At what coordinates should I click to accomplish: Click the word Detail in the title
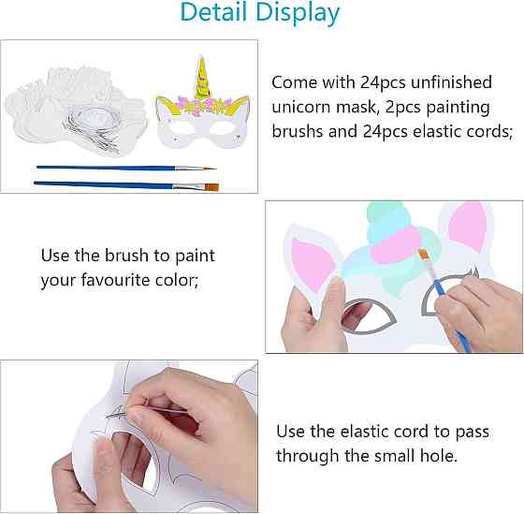pyautogui.click(x=215, y=12)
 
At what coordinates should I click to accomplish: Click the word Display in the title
pyautogui.click(x=298, y=14)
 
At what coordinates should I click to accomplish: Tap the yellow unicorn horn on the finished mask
pyautogui.click(x=202, y=78)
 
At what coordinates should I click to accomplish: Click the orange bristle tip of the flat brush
pyautogui.click(x=211, y=187)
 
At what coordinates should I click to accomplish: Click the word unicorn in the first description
pyautogui.click(x=301, y=108)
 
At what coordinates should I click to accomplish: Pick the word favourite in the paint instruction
pyautogui.click(x=116, y=280)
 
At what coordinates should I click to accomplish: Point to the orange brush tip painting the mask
pyautogui.click(x=424, y=255)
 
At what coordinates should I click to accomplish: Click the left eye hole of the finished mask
pyautogui.click(x=182, y=127)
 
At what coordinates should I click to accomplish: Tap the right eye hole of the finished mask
pyautogui.click(x=223, y=127)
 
